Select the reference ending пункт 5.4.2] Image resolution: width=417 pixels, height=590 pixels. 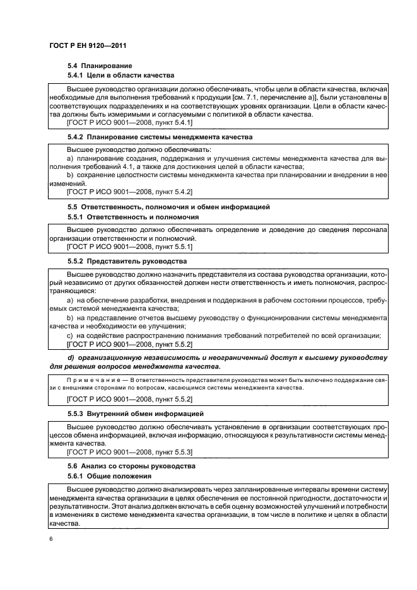point(129,191)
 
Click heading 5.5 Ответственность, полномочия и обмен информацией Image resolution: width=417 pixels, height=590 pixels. point(168,207)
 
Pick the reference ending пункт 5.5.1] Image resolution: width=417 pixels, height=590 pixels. point(129,247)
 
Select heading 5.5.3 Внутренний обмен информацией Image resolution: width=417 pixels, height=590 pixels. point(135,414)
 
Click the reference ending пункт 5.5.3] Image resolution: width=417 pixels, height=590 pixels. point(129,452)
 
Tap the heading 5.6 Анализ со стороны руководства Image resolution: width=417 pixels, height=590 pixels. point(131,466)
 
